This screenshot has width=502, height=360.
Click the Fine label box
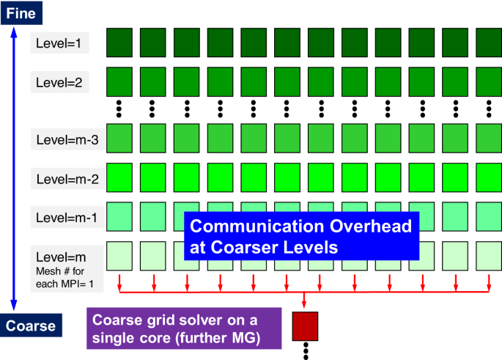click(x=21, y=12)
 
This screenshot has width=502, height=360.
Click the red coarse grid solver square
click(x=303, y=326)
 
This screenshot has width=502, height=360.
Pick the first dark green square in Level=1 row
click(x=120, y=43)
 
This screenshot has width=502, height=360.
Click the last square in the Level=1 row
click(x=489, y=43)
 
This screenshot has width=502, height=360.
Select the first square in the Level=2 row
click(x=120, y=80)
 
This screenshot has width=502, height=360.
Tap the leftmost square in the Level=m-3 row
click(x=120, y=137)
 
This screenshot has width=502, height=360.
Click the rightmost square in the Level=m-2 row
click(x=489, y=177)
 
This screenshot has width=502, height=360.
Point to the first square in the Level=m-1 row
click(x=120, y=216)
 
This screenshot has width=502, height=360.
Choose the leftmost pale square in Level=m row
click(x=120, y=256)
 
